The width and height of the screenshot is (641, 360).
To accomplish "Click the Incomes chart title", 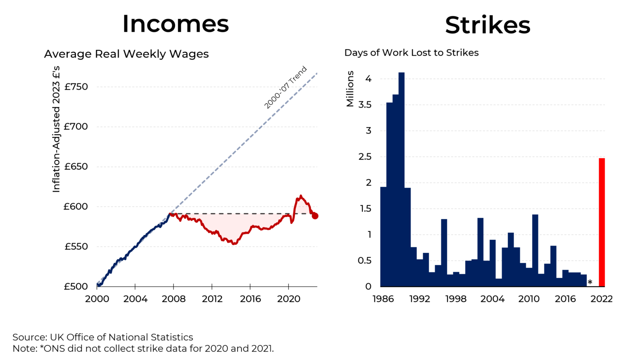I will [175, 24].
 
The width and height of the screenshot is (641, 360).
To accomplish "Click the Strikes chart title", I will [487, 25].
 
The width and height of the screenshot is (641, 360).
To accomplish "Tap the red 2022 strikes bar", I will [601, 222].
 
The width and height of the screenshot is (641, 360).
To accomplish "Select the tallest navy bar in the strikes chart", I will [401, 179].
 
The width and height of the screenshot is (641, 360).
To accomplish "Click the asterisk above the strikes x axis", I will [590, 282].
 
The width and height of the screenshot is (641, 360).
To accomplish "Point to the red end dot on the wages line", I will [315, 216].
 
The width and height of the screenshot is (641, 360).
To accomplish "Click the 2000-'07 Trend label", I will [285, 87].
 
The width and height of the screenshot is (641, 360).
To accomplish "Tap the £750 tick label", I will [76, 87].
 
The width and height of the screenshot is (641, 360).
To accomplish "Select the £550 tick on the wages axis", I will [76, 247].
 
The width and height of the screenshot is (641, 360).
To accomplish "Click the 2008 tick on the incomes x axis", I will [174, 299].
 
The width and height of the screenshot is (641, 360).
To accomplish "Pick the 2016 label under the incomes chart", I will [250, 299].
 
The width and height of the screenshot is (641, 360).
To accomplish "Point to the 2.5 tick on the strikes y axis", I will [365, 157].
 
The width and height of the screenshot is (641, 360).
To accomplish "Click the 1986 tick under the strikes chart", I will [383, 299].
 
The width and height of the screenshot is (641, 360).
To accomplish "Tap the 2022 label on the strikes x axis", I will [602, 299].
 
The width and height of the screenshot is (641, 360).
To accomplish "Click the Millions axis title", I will [350, 88].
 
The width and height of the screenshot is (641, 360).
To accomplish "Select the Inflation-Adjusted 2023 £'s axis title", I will [56, 129].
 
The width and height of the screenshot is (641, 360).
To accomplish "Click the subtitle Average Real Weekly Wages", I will [126, 54].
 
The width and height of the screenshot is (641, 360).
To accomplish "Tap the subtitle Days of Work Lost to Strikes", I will [411, 53].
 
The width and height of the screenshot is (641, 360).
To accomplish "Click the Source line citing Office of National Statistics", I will [103, 337].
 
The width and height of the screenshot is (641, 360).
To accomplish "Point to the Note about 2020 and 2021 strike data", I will [143, 348].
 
